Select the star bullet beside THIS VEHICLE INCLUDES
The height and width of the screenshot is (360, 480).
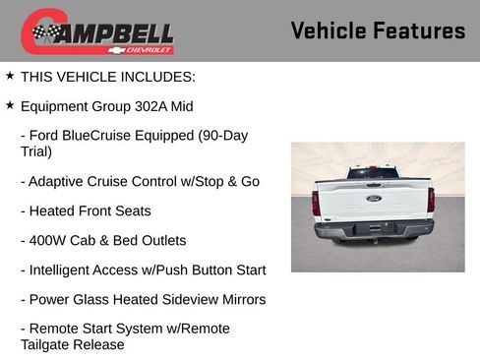coord(10,76)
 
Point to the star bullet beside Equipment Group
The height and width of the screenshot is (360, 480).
coord(10,105)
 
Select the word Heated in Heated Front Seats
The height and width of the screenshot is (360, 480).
coord(52,210)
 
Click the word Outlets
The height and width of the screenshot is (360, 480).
coord(159,240)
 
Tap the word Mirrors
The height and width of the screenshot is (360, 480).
coord(240,299)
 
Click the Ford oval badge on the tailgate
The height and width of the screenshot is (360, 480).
coord(374,199)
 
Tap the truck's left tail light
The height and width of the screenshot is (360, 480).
coord(316,202)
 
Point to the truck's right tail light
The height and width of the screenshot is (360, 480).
coord(431,200)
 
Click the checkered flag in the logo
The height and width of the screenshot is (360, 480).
coord(41,32)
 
